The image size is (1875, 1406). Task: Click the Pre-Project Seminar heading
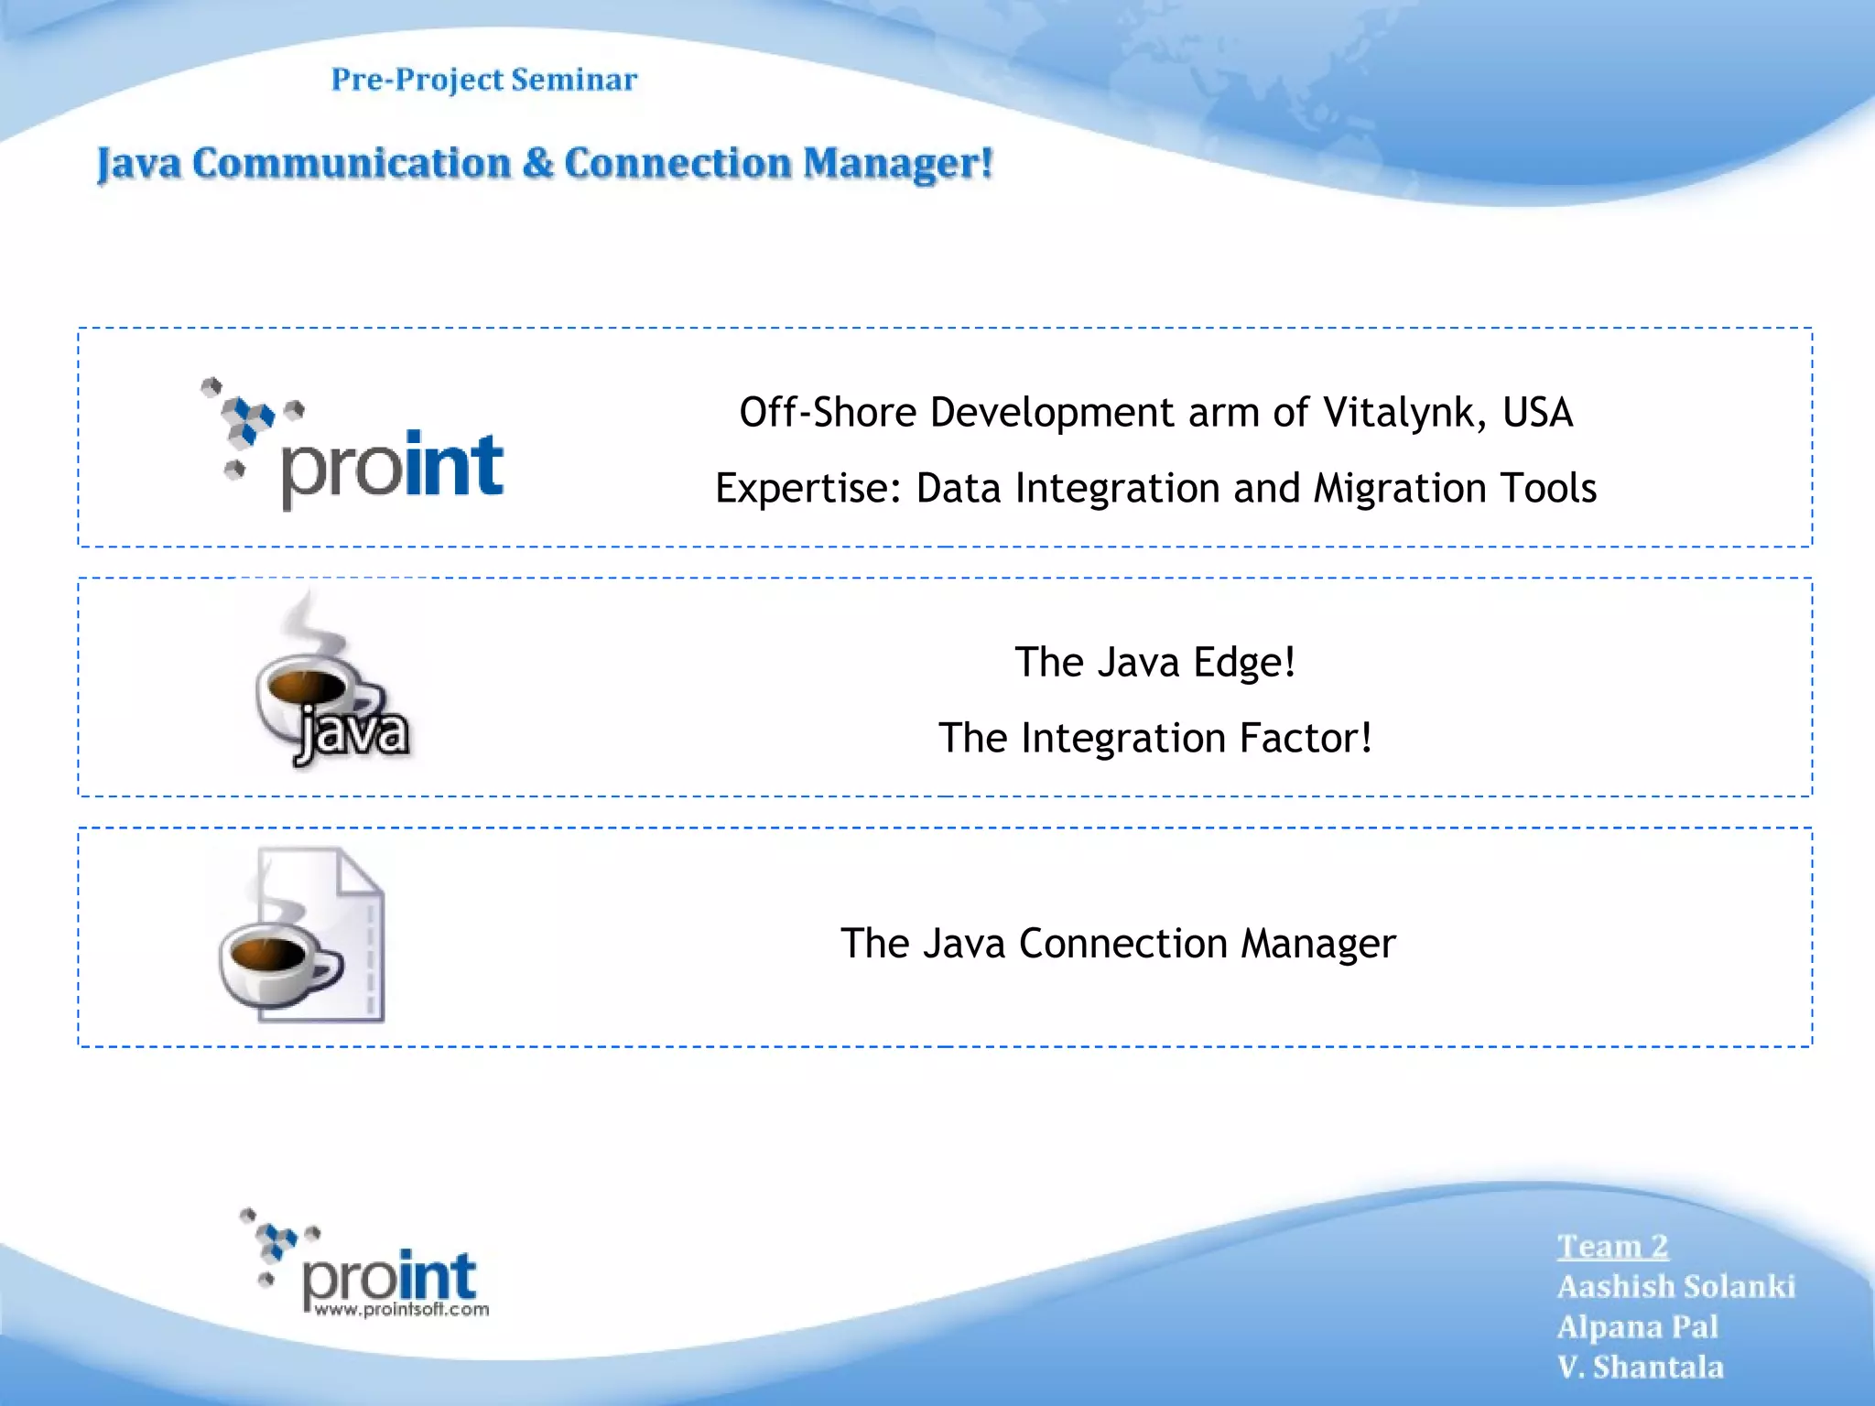[483, 80]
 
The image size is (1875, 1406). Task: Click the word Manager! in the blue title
[897, 164]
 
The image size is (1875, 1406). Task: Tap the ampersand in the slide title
[539, 164]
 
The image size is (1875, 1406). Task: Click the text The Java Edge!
[1155, 662]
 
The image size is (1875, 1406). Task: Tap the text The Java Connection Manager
[1118, 943]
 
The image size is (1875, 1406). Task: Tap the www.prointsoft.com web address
[401, 1310]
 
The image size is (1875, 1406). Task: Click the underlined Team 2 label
[1612, 1247]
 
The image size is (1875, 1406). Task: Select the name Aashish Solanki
[1675, 1287]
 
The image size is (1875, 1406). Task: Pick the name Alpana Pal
[1637, 1327]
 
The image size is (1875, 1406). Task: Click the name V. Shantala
[1640, 1368]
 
